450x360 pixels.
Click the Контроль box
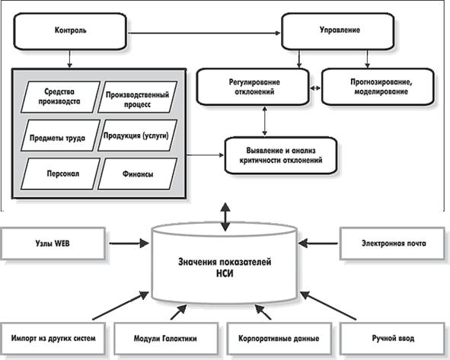(70, 31)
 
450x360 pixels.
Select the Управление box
(338, 31)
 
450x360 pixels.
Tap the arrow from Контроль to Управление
(204, 33)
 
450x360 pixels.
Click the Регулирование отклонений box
(253, 87)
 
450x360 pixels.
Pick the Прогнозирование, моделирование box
(378, 87)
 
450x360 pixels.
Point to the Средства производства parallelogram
(60, 97)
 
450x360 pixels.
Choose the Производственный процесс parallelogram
(138, 97)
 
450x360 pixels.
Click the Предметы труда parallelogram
(60, 135)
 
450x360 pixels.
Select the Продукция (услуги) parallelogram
(138, 135)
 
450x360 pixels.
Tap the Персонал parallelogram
(60, 174)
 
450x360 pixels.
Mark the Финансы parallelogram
(138, 174)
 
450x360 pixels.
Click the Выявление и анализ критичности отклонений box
(281, 155)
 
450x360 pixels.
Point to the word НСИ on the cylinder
(225, 273)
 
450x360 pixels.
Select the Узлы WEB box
(53, 244)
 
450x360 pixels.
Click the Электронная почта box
(392, 244)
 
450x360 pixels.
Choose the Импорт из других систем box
(53, 339)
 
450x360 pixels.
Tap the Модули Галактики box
(166, 339)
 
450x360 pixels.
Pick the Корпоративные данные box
(279, 339)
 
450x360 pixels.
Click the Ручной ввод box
(392, 339)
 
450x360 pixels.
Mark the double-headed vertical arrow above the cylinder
(225, 217)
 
